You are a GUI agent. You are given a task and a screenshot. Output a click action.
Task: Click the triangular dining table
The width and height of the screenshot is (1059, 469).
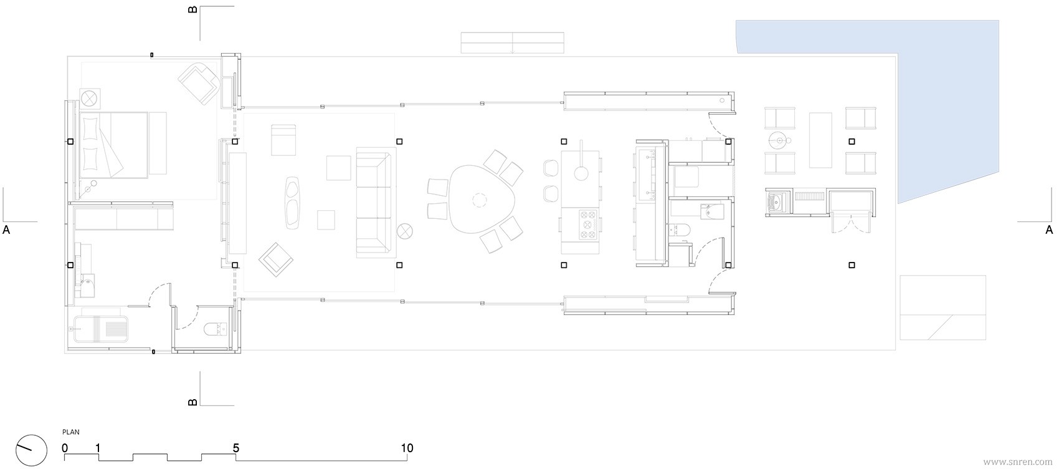coord(479,199)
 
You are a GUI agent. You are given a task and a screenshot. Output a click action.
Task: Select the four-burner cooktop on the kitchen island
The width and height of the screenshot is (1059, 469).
coord(588,225)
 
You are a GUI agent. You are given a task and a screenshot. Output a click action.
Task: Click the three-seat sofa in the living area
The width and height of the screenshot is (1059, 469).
coord(374,203)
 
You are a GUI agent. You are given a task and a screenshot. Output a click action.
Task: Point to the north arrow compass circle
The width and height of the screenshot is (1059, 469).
coord(32,450)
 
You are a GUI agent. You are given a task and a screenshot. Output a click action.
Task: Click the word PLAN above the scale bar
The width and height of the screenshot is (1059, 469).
coord(71,432)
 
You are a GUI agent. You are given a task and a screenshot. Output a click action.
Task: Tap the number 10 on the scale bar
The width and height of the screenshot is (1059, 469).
coord(407,448)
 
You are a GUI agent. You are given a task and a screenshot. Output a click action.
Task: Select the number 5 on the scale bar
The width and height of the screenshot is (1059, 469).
coord(236,448)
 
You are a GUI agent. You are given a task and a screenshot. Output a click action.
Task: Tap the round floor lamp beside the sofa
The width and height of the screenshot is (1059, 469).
coord(405,231)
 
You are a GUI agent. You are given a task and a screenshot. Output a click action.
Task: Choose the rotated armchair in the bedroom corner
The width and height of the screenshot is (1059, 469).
coord(199,84)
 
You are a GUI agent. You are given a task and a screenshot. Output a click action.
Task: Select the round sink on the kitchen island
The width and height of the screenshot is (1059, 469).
coord(581,173)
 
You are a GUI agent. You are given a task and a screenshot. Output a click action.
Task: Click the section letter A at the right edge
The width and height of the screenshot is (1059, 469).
coord(1049,230)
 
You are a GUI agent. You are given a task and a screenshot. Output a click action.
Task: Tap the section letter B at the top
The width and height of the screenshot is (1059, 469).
coord(192,9)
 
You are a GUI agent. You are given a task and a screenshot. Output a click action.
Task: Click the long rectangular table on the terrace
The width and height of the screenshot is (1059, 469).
coord(820,140)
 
